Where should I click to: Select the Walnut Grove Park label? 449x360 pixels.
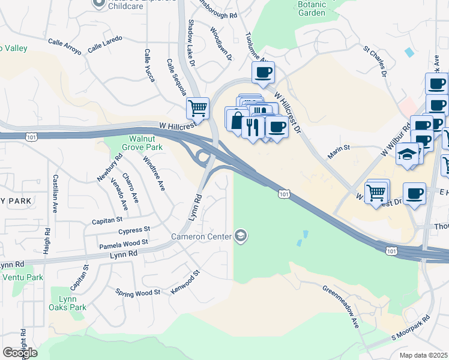(x=125, y=141)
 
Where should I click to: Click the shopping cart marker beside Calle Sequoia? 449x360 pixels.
(x=197, y=109)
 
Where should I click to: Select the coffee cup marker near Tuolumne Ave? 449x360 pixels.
(x=263, y=73)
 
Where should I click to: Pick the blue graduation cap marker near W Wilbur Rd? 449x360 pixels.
(x=407, y=154)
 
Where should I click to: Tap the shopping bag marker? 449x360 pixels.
(x=237, y=118)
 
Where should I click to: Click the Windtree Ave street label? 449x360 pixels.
(x=154, y=174)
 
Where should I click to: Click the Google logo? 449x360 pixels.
(x=20, y=352)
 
